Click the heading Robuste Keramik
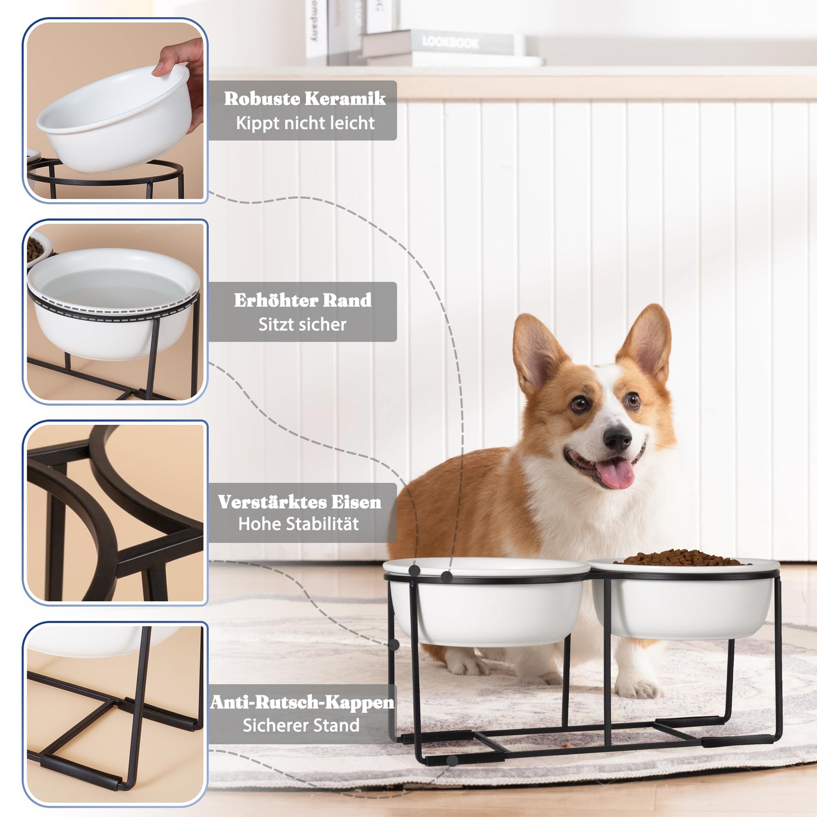click(x=305, y=98)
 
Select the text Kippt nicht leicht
click(x=305, y=123)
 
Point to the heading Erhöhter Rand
click(x=303, y=300)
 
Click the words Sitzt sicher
click(x=302, y=325)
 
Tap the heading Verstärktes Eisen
click(x=300, y=502)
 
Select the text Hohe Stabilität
click(x=299, y=524)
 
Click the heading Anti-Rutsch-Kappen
click(x=302, y=703)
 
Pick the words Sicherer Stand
click(x=301, y=725)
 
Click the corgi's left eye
click(x=579, y=404)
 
